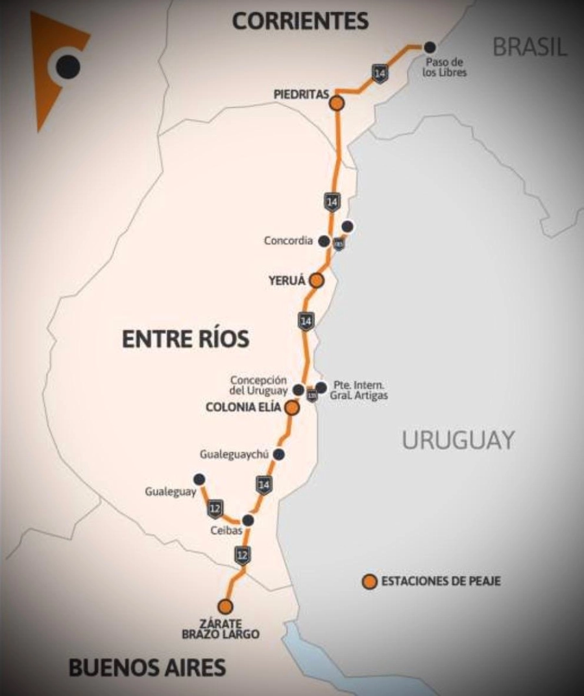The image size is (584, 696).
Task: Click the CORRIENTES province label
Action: pyautogui.click(x=300, y=21)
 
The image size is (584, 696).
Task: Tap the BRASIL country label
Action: pyautogui.click(x=530, y=46)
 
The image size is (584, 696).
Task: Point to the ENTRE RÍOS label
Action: pyautogui.click(x=186, y=338)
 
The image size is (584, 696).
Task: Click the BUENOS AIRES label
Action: pyautogui.click(x=147, y=667)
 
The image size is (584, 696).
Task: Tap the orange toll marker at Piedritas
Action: pyautogui.click(x=337, y=103)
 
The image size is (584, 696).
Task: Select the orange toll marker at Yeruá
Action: pyautogui.click(x=316, y=280)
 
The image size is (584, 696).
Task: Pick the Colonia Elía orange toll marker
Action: pyautogui.click(x=292, y=407)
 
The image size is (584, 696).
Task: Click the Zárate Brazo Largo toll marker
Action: pyautogui.click(x=225, y=606)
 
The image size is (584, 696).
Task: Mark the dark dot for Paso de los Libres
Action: pyautogui.click(x=430, y=47)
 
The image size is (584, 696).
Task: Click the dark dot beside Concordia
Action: pyautogui.click(x=324, y=241)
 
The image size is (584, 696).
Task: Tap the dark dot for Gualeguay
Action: pyautogui.click(x=199, y=479)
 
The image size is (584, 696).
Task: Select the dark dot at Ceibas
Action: pyautogui.click(x=247, y=520)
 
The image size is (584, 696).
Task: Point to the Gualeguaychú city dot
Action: pyautogui.click(x=279, y=454)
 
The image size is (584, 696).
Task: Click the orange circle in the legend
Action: pyautogui.click(x=369, y=582)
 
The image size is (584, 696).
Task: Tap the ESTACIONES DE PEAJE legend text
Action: pyautogui.click(x=441, y=582)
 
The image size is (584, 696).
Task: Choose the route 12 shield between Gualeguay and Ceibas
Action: pyautogui.click(x=215, y=509)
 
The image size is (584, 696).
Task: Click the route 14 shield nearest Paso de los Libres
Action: pyautogui.click(x=380, y=73)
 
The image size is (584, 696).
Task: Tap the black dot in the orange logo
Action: pyautogui.click(x=67, y=66)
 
